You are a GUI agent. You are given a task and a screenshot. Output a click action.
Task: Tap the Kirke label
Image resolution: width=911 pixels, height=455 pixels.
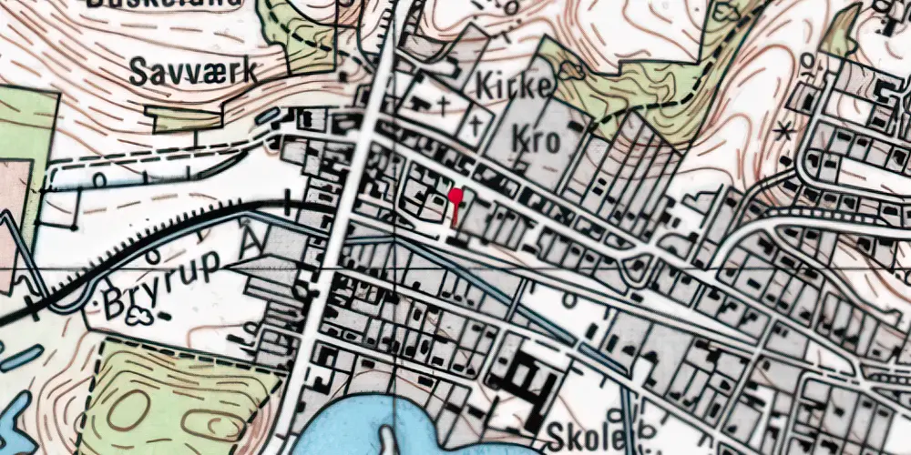click(515, 86)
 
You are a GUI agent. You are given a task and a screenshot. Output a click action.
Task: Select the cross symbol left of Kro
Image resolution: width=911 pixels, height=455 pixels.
click(475, 128)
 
